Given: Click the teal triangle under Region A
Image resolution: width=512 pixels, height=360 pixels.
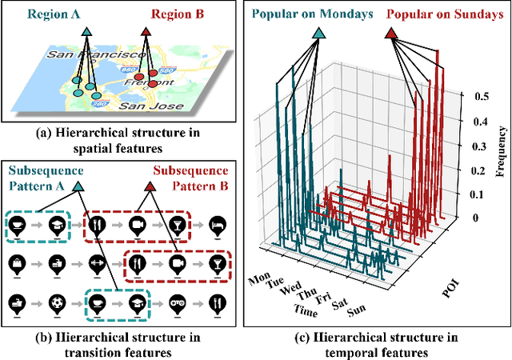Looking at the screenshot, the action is [86, 31].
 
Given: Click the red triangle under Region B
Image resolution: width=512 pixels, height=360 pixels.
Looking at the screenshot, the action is [146, 31].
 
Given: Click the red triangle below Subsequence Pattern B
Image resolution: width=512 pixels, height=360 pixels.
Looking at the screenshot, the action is [151, 187].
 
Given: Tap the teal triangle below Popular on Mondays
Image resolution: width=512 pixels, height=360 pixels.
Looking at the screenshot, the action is [319, 34].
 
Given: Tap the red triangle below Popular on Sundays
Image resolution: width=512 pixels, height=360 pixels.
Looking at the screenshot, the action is [391, 34].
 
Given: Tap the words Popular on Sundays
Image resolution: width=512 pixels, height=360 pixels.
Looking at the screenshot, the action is [440, 14].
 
